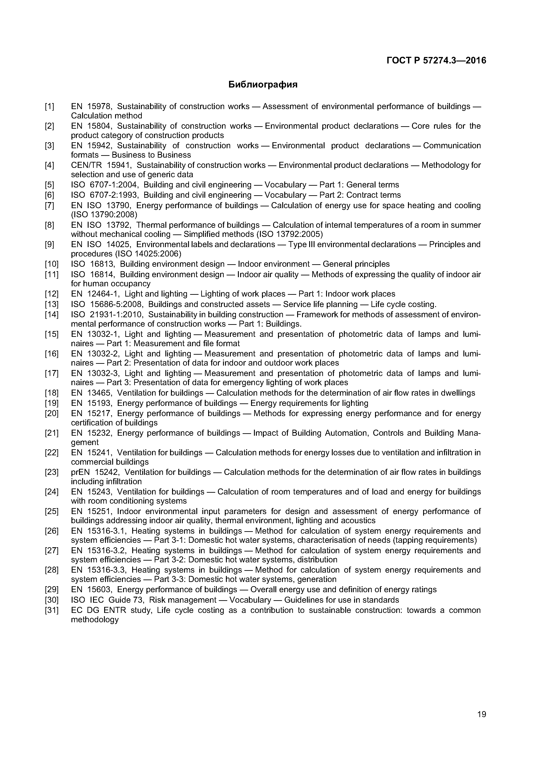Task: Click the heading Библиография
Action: point(263,85)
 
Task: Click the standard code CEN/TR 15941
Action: point(101,165)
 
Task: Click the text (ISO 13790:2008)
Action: point(104,215)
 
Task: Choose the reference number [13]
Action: point(52,304)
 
